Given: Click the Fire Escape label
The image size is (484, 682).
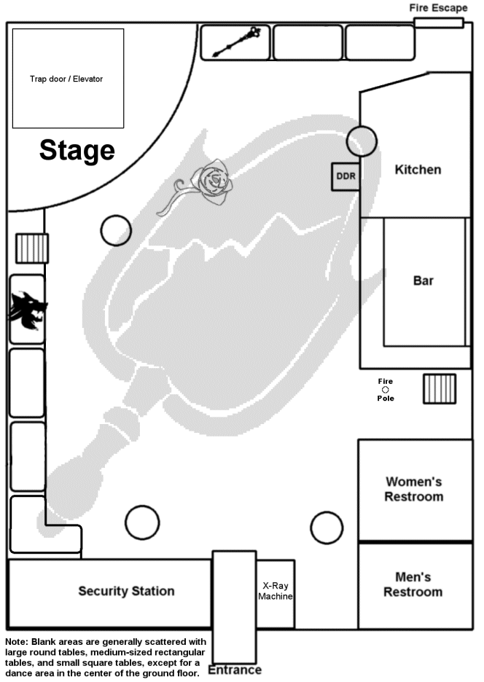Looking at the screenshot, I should point(438,8).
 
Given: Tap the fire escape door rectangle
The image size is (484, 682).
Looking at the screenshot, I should point(439,23).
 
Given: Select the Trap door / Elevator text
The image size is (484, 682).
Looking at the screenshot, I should point(66,79).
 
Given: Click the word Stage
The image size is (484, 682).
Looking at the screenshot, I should point(77,150).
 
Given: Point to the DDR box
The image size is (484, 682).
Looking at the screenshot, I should point(346,176).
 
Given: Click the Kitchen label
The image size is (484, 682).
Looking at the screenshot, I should point(418,170).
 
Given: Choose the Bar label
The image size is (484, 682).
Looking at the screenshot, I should point(423,281).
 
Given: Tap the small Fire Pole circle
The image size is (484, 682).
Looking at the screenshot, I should point(386,390).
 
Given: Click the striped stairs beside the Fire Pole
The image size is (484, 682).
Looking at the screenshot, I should point(439,388).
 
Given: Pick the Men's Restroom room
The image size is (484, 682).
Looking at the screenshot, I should point(413,585).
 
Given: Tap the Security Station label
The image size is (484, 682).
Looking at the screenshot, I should point(126,591).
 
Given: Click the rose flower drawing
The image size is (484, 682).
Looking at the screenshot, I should point(214,181).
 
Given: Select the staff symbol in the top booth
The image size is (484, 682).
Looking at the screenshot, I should point(236,43).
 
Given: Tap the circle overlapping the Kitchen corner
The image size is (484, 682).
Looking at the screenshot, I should point(362,141).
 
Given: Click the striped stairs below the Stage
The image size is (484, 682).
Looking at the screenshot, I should point(32,248).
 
